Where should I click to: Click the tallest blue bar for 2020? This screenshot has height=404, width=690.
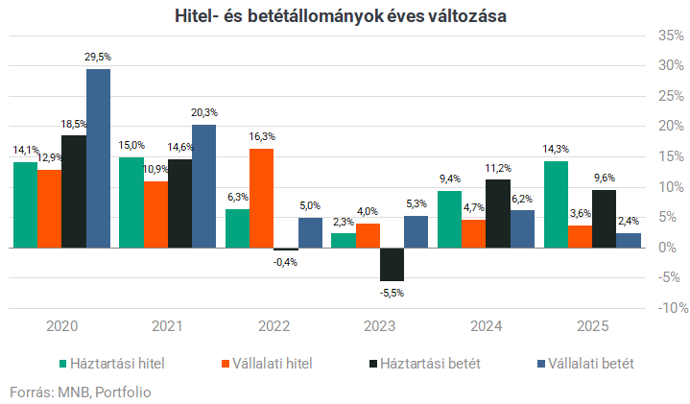tap(98, 158)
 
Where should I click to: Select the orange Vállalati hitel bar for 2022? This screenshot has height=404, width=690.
tap(261, 198)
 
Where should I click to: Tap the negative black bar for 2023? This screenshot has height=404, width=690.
tap(392, 264)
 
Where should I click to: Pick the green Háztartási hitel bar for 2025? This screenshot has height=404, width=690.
tap(556, 203)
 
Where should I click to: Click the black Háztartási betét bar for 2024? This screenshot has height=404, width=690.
tap(498, 213)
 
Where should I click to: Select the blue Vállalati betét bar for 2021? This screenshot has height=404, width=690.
tap(203, 186)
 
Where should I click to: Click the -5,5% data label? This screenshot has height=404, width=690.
tap(392, 293)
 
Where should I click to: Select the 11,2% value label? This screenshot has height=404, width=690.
tap(498, 169)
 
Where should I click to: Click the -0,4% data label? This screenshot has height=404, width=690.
tap(285, 262)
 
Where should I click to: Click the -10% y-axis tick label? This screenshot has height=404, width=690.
tap(668, 308)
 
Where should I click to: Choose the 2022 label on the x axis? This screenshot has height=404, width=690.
tap(274, 327)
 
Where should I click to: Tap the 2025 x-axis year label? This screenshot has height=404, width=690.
tap(591, 327)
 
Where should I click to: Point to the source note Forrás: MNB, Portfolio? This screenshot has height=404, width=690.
tap(81, 392)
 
